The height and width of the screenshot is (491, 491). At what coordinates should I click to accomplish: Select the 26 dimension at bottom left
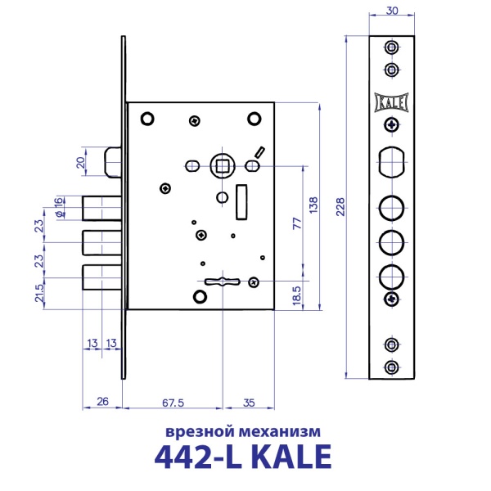pyautogui.click(x=102, y=402)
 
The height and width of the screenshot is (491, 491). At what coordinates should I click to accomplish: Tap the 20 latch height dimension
pyautogui.click(x=80, y=161)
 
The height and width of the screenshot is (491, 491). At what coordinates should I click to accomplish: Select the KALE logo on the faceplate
pyautogui.click(x=391, y=101)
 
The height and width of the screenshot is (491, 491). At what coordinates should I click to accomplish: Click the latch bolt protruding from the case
pyautogui.click(x=114, y=161)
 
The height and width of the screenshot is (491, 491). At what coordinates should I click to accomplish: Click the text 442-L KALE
pyautogui.click(x=243, y=456)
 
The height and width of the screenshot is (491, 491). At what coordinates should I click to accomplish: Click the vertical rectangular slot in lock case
pyautogui.click(x=241, y=202)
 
